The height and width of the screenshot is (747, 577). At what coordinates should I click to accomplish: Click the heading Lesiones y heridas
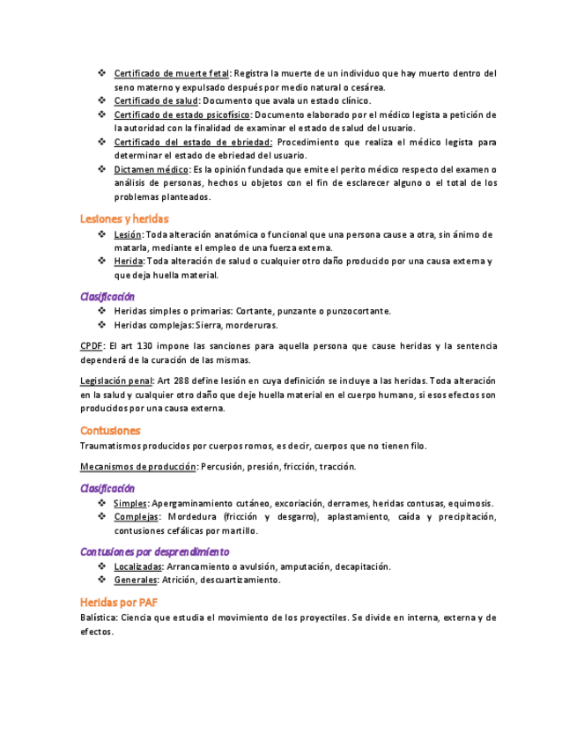pyautogui.click(x=124, y=218)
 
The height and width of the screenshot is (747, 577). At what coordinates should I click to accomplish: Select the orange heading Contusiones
pyautogui.click(x=110, y=431)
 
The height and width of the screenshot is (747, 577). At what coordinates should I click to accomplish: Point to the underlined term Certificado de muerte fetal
pyautogui.click(x=172, y=73)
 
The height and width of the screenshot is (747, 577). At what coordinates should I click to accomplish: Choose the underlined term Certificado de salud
pyautogui.click(x=156, y=101)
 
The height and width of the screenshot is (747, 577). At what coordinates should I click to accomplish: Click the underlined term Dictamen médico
pyautogui.click(x=152, y=169)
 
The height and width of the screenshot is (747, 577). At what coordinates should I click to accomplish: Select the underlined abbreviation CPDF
pyautogui.click(x=92, y=346)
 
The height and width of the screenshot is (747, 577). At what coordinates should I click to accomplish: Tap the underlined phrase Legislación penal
pyautogui.click(x=115, y=381)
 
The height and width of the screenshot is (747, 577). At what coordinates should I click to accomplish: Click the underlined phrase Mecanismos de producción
pyautogui.click(x=138, y=466)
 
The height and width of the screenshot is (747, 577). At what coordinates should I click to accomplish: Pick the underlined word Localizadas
pyautogui.click(x=137, y=566)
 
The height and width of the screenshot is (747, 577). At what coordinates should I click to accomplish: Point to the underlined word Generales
pyautogui.click(x=136, y=581)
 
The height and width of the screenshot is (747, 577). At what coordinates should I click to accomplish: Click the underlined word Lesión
pyautogui.click(x=128, y=234)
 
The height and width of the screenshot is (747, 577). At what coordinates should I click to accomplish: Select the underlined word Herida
pyautogui.click(x=129, y=262)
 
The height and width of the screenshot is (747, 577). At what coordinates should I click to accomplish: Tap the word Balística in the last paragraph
pyautogui.click(x=97, y=618)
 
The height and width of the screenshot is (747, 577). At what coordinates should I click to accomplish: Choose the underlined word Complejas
pyautogui.click(x=136, y=517)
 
